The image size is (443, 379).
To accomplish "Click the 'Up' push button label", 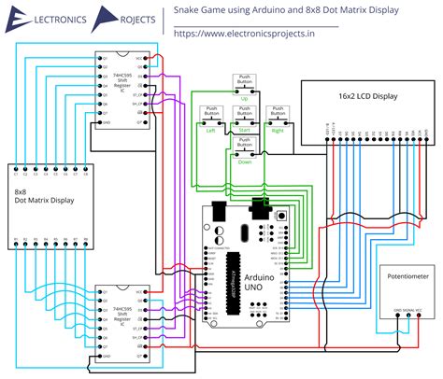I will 245,97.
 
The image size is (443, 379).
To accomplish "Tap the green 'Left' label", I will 210,130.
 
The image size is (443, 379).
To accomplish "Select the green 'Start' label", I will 245,130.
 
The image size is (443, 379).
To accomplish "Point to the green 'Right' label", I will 277,130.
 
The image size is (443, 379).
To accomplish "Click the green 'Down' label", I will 245,161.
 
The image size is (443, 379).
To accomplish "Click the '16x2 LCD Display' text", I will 367,96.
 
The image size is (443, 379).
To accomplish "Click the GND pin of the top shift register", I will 102,122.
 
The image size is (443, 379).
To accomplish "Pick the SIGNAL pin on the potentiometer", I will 408,313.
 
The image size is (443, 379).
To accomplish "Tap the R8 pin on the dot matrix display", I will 86,240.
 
